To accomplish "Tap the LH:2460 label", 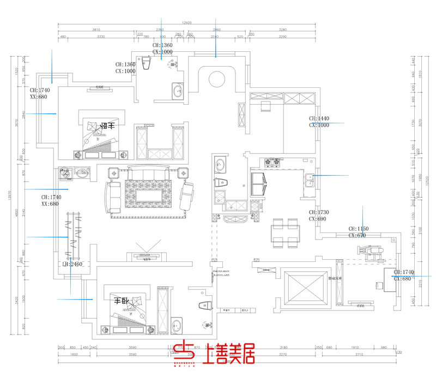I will tap(72, 264).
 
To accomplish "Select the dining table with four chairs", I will tap(285, 232).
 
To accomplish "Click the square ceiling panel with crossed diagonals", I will tap(305, 287).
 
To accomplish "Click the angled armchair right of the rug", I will tap(186, 195).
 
